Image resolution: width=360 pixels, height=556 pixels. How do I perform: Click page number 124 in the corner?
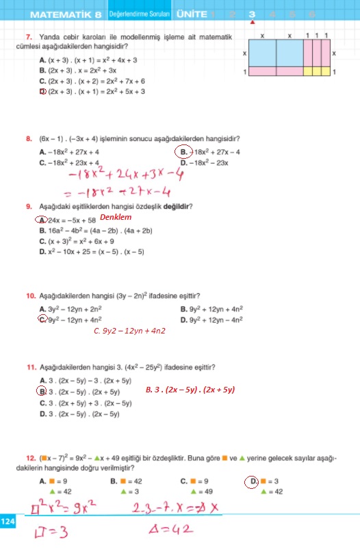8,522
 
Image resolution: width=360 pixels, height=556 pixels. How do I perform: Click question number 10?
30,296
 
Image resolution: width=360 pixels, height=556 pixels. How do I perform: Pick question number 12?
30,458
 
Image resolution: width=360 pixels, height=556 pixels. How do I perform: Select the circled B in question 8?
183,152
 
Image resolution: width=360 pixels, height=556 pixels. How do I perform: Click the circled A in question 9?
42,220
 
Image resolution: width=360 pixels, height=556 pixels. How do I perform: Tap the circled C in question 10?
42,319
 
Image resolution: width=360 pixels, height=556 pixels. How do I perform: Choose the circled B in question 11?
42,392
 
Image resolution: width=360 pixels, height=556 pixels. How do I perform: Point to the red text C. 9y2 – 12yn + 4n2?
129,331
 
